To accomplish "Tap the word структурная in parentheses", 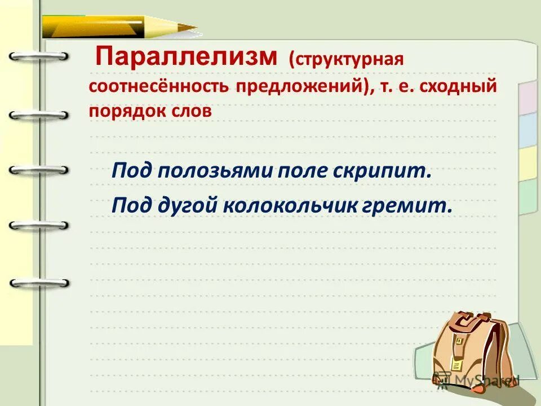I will pyautogui.click(x=347, y=60).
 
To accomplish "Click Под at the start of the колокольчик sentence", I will pyautogui.click(x=129, y=206).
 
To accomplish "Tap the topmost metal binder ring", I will pyautogui.click(x=38, y=56).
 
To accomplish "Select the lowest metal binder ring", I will pyautogui.click(x=38, y=283).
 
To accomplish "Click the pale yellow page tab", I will pyautogui.click(x=529, y=164).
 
